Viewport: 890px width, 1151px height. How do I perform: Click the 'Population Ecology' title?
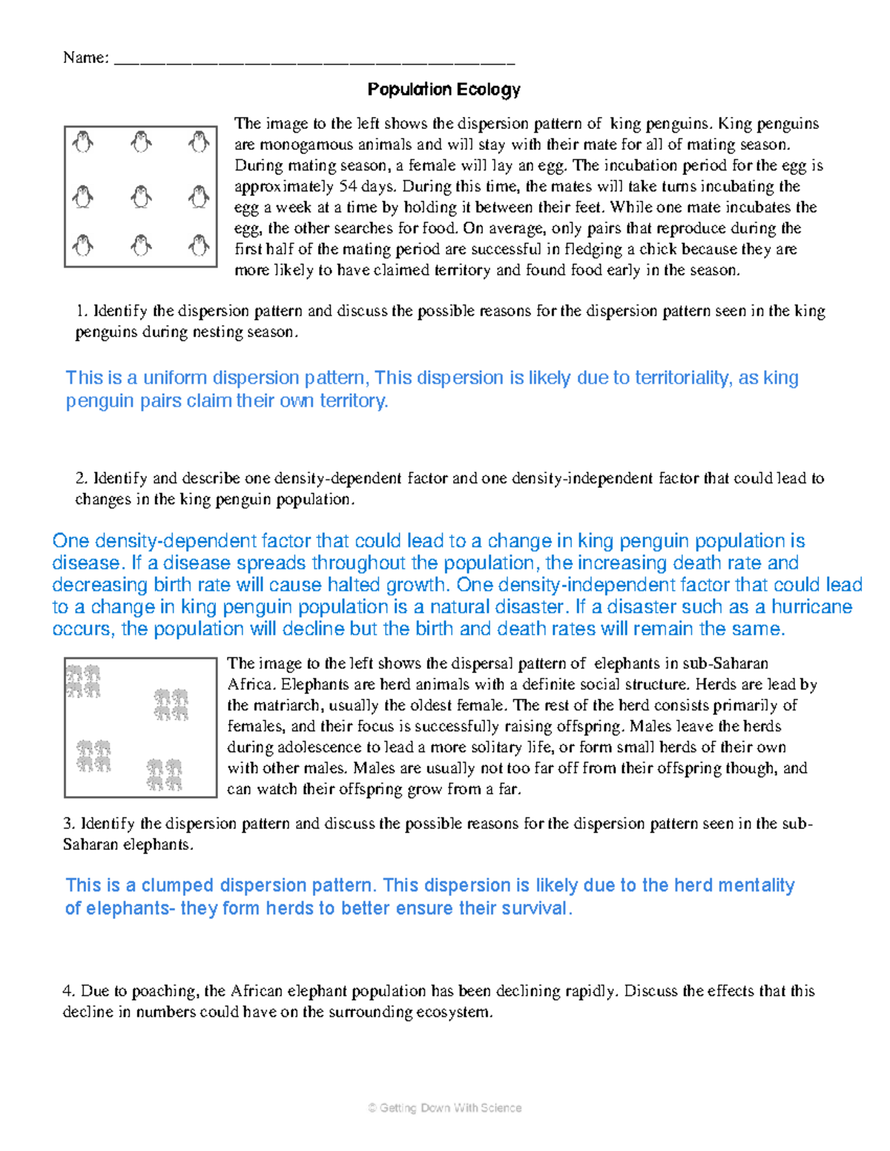[x=444, y=90]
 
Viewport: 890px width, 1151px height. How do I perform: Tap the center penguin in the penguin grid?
[x=141, y=197]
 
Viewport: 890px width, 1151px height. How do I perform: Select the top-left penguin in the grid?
[x=83, y=142]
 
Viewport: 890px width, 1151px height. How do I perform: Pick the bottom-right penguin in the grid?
[x=198, y=245]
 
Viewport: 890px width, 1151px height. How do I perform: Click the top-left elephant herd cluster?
[x=83, y=681]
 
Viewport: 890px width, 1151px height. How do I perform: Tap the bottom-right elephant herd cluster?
[x=164, y=774]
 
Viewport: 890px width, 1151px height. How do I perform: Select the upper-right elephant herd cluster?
[x=171, y=705]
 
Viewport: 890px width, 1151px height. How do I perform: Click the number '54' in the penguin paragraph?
[x=347, y=186]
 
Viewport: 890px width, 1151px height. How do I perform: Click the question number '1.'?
[x=82, y=311]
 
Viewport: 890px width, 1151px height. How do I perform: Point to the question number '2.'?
[x=82, y=479]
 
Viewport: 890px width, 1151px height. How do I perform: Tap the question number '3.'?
[x=69, y=823]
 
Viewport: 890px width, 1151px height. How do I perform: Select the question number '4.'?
[x=69, y=991]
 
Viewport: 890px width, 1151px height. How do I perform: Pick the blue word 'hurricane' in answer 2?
[x=811, y=607]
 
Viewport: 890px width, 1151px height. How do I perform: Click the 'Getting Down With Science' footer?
[x=444, y=1108]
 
